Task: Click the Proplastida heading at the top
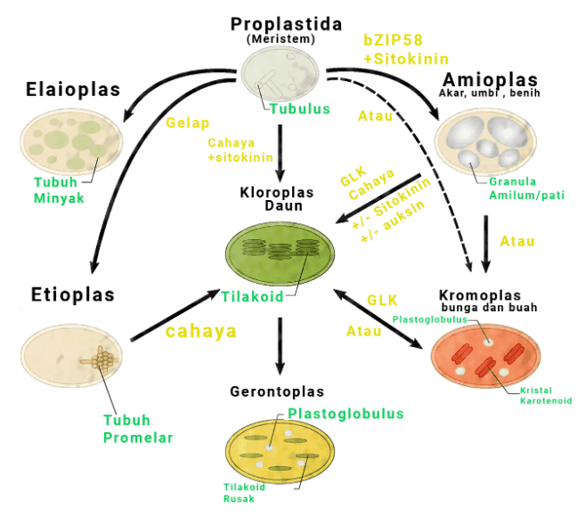point(286,24)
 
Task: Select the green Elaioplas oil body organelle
point(72,137)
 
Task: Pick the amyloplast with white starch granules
point(485,141)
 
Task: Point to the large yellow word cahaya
point(201,331)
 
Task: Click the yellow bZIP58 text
point(393,40)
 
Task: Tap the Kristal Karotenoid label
point(545,396)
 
